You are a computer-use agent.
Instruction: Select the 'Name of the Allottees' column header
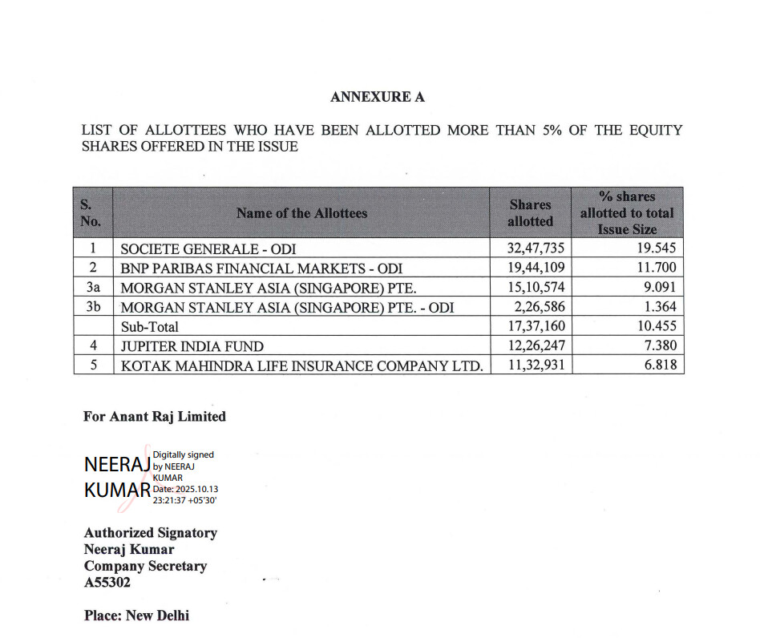(x=301, y=212)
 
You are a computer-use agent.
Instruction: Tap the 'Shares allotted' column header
(x=530, y=212)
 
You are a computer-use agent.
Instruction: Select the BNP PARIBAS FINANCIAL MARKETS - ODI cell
(x=261, y=268)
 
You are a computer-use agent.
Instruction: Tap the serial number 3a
(x=92, y=287)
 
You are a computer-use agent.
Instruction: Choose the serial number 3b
(x=92, y=306)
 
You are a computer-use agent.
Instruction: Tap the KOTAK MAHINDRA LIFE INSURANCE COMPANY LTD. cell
(x=301, y=365)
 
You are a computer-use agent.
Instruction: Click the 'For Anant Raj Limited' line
(x=155, y=417)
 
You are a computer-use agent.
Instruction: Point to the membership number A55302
(x=107, y=583)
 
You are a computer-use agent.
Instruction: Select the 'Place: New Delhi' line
(x=136, y=616)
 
